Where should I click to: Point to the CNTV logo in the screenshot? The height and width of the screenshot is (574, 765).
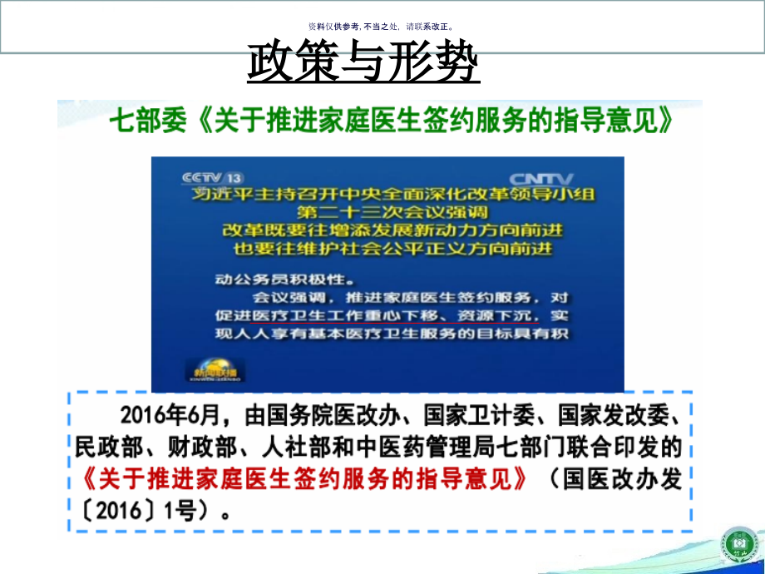(x=541, y=178)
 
